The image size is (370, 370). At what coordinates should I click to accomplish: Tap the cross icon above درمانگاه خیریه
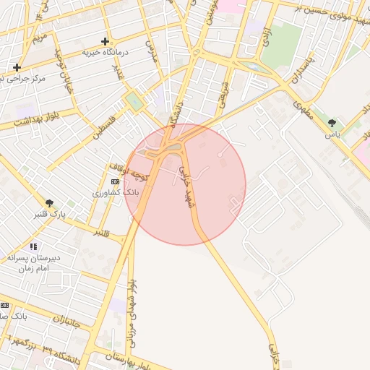[106, 41]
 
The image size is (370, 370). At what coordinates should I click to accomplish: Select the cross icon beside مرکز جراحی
[17, 67]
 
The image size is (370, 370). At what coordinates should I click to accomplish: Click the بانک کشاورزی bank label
[115, 194]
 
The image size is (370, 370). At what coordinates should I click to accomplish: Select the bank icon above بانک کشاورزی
[115, 181]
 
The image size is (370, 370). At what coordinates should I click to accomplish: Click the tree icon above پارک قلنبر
[49, 203]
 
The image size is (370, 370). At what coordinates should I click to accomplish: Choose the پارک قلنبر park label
[49, 215]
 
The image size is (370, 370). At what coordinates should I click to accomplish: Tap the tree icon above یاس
[332, 123]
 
